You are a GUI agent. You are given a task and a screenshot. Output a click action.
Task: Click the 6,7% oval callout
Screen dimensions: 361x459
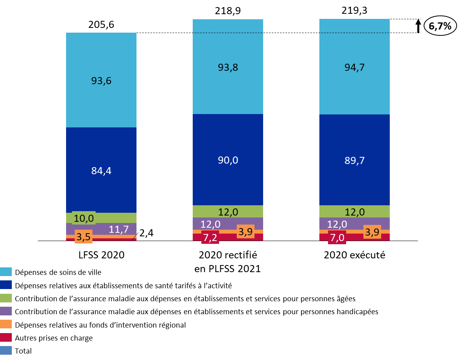(x=440, y=26)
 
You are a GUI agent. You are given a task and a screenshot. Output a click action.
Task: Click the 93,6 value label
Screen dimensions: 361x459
(x=101, y=81)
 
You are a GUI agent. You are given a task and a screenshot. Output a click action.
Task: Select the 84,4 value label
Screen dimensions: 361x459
(x=101, y=171)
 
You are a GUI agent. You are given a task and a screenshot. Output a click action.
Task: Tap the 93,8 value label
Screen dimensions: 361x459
(x=228, y=68)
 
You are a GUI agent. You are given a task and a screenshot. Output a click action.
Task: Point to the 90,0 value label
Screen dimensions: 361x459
(x=228, y=160)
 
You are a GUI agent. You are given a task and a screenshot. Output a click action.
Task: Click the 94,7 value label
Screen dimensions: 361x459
(x=355, y=68)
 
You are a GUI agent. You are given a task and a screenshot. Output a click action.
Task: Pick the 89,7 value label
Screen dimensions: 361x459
(x=355, y=160)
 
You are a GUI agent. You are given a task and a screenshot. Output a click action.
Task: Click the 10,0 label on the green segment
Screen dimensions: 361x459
(x=84, y=218)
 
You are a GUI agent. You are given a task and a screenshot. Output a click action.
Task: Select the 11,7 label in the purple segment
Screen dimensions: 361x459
(x=119, y=229)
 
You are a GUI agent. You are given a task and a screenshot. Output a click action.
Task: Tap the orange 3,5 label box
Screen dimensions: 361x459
(x=83, y=237)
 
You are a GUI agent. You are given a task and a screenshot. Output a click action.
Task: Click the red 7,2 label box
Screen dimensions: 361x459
(x=210, y=238)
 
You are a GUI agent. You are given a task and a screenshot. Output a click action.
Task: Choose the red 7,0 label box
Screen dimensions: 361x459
(x=337, y=238)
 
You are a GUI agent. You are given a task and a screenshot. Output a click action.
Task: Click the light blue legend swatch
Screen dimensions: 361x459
(x=6, y=272)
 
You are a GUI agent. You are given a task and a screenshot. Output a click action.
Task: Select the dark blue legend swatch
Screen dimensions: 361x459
(x=6, y=285)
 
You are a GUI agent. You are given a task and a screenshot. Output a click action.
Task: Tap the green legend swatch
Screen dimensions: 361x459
(x=6, y=298)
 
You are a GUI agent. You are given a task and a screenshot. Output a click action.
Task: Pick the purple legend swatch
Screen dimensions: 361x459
(x=6, y=311)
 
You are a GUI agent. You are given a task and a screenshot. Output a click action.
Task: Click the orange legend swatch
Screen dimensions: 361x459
(x=6, y=324)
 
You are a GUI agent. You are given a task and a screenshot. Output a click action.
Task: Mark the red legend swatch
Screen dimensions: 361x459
(x=6, y=337)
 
